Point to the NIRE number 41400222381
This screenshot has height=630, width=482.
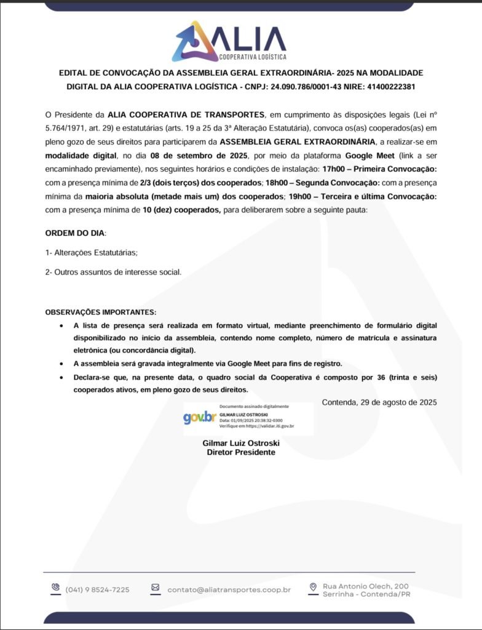(391, 87)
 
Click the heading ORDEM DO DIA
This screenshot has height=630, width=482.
(76, 234)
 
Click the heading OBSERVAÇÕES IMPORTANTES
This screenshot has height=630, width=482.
(101, 312)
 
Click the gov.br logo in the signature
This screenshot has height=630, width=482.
(199, 418)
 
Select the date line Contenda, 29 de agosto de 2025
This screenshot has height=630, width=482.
(379, 402)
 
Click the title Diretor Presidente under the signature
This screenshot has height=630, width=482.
(241, 452)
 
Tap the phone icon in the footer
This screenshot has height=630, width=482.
(55, 588)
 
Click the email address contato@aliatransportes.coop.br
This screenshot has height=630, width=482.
(229, 589)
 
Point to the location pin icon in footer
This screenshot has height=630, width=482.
(313, 588)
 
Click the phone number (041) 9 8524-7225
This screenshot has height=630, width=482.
(97, 589)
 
